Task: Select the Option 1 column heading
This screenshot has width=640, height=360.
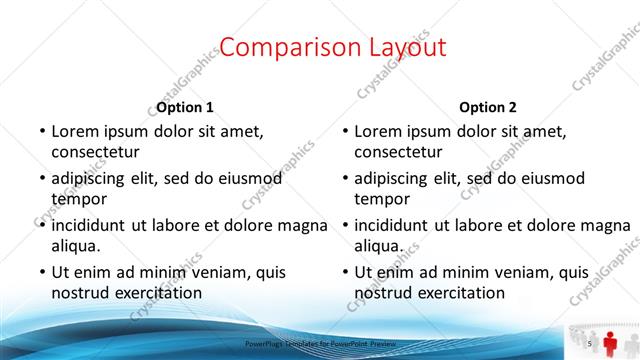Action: [185, 107]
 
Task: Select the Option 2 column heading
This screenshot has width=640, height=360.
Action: [488, 107]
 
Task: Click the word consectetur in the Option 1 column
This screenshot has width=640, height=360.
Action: [95, 152]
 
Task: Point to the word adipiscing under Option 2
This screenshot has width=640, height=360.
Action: [396, 178]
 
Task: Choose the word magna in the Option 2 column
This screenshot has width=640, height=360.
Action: [605, 225]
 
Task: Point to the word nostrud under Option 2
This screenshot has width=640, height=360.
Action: [384, 293]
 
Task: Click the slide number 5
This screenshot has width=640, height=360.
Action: [590, 343]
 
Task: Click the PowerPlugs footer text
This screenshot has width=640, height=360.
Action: [320, 343]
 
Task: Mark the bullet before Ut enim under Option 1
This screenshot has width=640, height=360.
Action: [42, 272]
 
